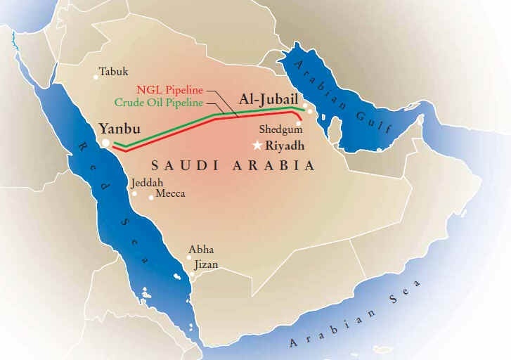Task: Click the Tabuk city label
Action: (x=114, y=72)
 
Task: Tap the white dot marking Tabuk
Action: (x=96, y=77)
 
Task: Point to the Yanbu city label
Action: (x=120, y=129)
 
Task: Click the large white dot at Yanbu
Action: (x=105, y=143)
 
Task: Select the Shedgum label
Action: (x=280, y=130)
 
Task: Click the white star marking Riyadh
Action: (x=258, y=146)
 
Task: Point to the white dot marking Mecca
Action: (x=151, y=198)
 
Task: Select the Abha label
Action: (x=201, y=250)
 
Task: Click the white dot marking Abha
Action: (x=188, y=257)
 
